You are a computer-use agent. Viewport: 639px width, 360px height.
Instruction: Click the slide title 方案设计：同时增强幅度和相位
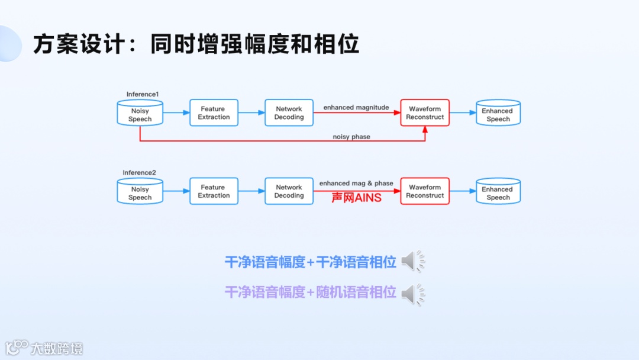pyautogui.click(x=196, y=44)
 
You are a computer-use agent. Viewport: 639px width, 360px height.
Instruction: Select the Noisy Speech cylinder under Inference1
pyautogui.click(x=140, y=113)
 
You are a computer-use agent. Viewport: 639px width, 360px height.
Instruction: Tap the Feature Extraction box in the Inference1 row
pyautogui.click(x=214, y=113)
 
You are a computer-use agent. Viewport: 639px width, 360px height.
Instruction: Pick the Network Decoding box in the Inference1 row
pyautogui.click(x=289, y=113)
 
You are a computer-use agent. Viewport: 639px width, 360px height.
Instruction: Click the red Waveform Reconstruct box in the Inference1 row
pyautogui.click(x=425, y=113)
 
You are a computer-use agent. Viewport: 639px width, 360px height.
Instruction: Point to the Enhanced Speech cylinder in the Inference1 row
pyautogui.click(x=498, y=113)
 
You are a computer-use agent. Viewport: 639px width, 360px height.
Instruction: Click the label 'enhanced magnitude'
pyautogui.click(x=356, y=108)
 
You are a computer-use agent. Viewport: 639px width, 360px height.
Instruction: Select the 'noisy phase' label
pyautogui.click(x=351, y=137)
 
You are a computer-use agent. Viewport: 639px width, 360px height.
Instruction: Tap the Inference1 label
pyautogui.click(x=143, y=94)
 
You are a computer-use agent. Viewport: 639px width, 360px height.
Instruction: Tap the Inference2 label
pyautogui.click(x=140, y=173)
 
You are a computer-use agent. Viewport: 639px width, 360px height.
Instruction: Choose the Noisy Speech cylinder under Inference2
pyautogui.click(x=140, y=192)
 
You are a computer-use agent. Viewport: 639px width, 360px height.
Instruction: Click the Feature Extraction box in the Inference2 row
pyautogui.click(x=214, y=191)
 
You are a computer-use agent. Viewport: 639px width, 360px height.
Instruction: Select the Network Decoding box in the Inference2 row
pyautogui.click(x=289, y=191)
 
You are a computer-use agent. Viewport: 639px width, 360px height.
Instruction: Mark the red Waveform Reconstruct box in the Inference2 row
pyautogui.click(x=425, y=191)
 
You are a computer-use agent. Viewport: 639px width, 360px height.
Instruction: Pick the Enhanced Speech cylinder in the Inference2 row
pyautogui.click(x=498, y=192)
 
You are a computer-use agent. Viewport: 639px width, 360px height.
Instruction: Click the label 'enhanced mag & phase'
pyautogui.click(x=356, y=184)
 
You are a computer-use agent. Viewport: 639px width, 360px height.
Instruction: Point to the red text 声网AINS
pyautogui.click(x=356, y=198)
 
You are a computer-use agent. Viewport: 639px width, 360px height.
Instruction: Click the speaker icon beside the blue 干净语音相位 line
pyautogui.click(x=413, y=262)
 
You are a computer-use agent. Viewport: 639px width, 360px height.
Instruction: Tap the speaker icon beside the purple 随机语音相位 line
pyautogui.click(x=413, y=294)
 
